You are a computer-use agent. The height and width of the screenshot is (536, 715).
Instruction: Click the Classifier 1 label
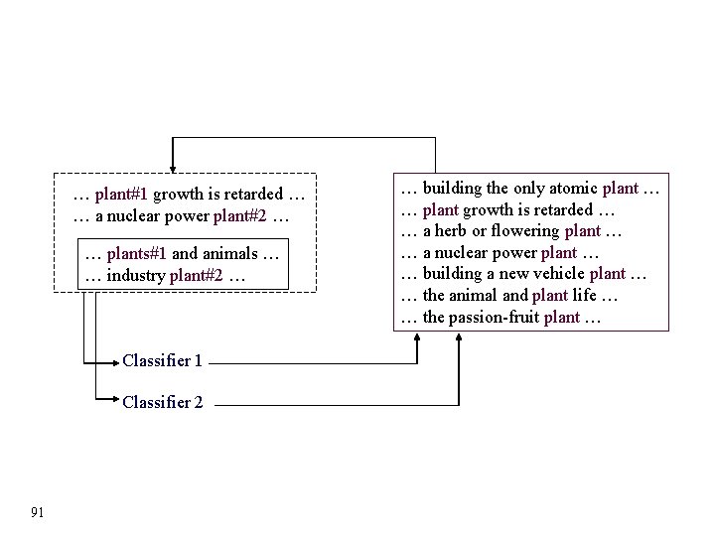coord(162,361)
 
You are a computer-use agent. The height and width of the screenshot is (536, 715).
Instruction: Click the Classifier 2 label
coord(162,402)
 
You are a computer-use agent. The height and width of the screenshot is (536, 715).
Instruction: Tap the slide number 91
coord(38,512)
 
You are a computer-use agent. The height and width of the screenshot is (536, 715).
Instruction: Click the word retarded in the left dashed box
coord(252,195)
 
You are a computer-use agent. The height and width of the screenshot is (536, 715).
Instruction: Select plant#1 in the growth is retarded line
coord(122,195)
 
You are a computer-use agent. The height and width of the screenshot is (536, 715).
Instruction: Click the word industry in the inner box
coord(135,275)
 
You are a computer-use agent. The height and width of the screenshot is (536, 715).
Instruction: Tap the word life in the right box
coord(583,297)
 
